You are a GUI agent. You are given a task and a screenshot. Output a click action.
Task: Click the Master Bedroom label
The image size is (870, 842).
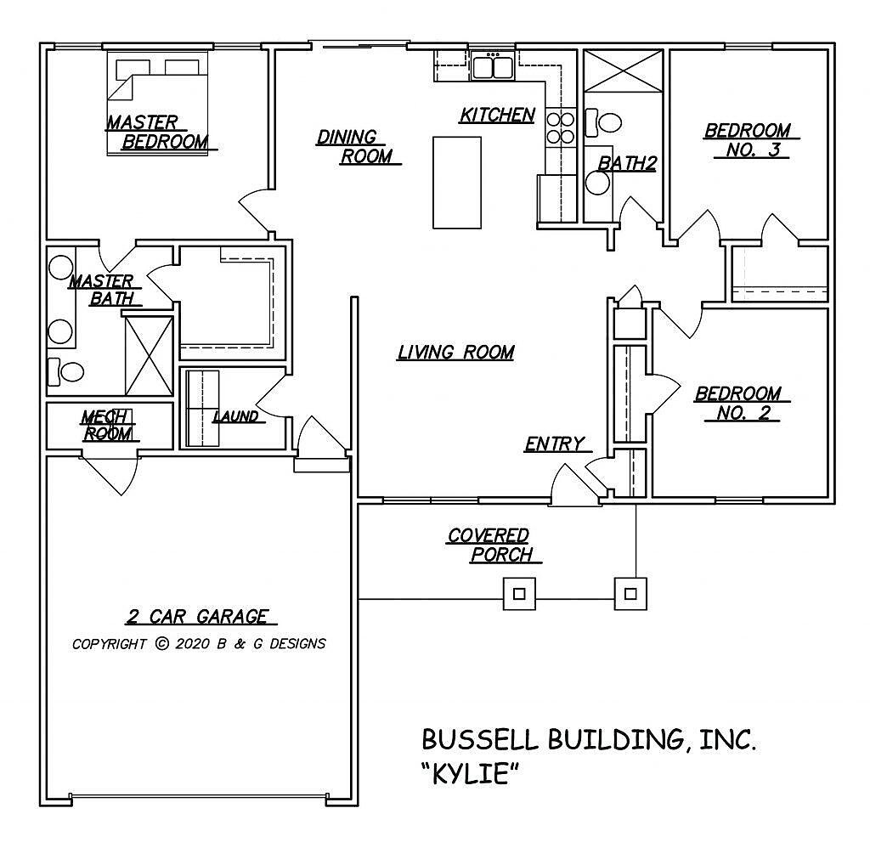click(157, 133)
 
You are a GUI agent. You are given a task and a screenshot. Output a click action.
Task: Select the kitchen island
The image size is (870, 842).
click(456, 182)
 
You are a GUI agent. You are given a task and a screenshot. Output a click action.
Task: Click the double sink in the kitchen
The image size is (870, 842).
click(492, 66)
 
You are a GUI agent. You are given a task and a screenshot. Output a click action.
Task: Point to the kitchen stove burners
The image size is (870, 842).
click(559, 127)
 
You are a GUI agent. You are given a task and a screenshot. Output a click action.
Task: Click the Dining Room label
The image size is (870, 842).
click(355, 147)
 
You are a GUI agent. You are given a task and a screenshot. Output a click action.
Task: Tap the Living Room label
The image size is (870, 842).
click(455, 352)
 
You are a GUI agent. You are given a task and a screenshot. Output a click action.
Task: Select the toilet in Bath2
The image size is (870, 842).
click(605, 122)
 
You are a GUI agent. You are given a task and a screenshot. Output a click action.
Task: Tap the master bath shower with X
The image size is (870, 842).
click(149, 355)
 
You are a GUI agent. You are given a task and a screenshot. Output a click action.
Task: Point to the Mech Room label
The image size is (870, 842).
click(107, 425)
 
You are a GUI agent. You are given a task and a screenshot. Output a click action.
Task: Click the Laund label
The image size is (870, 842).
click(235, 416)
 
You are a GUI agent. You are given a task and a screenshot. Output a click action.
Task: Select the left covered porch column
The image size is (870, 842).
click(520, 594)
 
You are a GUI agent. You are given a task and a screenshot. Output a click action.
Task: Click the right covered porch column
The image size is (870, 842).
click(630, 594)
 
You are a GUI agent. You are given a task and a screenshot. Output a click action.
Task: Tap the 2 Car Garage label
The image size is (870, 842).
click(197, 617)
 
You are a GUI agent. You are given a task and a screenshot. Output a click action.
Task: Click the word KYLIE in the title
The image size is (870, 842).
click(470, 775)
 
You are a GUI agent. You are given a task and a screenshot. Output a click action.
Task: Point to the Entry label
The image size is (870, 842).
click(554, 444)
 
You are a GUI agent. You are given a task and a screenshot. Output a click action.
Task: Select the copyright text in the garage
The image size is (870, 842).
click(199, 643)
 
